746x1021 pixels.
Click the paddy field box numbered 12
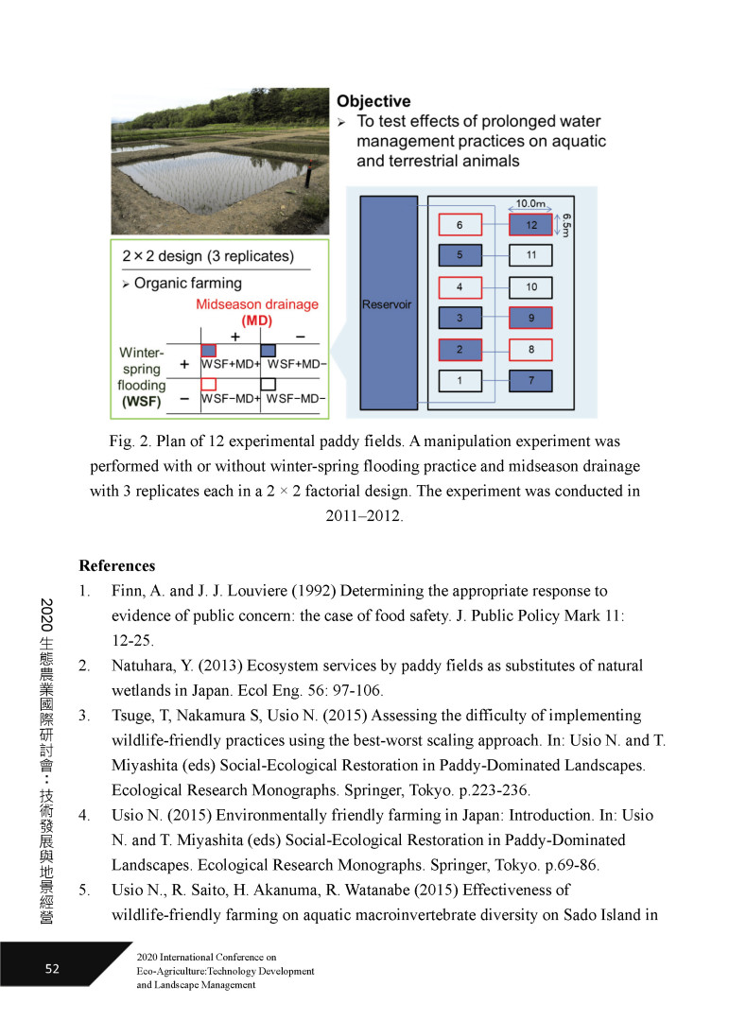[x=530, y=224]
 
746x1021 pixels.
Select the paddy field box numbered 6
[x=460, y=224]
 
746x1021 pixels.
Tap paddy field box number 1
[x=460, y=381]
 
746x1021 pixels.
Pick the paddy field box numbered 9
[x=530, y=318]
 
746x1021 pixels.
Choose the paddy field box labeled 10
[x=530, y=286]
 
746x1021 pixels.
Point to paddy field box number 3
[x=460, y=318]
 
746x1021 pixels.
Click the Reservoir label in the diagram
[x=388, y=304]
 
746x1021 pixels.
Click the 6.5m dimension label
[x=566, y=225]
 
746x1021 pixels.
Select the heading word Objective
[x=373, y=101]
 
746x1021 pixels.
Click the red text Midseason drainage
[x=257, y=303]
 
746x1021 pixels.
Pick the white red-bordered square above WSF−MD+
[x=209, y=384]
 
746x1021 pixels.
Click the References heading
[x=117, y=566]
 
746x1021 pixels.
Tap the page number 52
[x=53, y=968]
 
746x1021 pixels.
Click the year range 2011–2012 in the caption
[x=364, y=516]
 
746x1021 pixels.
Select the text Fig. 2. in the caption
[x=128, y=441]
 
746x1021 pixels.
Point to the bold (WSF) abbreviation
[x=141, y=401]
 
